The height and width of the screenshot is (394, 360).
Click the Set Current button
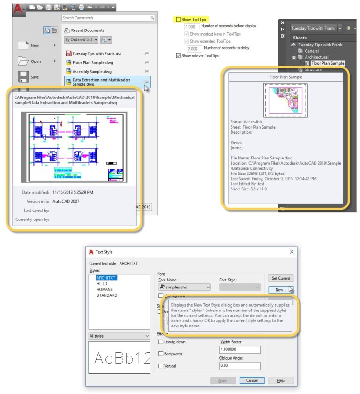point(281,278)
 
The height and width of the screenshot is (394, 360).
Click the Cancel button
point(252,380)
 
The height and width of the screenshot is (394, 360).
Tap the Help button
point(280,380)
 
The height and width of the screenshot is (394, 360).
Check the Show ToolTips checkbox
point(178,20)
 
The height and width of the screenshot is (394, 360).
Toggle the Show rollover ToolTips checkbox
point(178,56)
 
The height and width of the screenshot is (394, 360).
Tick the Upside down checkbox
point(161,342)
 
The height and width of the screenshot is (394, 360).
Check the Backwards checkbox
point(161,354)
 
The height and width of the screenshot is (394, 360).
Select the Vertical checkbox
point(161,366)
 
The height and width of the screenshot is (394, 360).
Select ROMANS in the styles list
point(105,289)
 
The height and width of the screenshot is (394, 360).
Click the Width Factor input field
point(240,349)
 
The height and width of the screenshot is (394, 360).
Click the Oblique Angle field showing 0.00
point(240,366)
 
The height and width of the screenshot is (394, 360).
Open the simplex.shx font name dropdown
point(185,287)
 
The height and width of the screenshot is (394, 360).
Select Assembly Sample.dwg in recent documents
point(92,72)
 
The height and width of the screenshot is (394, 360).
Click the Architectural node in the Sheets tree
point(316,57)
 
